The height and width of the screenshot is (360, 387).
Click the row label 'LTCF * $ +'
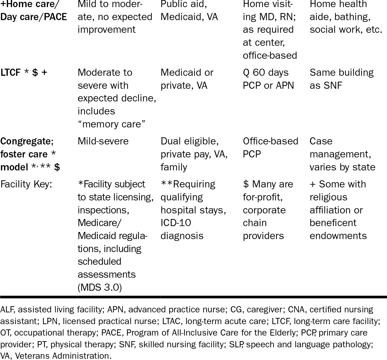coord(24,73)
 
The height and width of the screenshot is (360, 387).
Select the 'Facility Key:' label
coord(26,184)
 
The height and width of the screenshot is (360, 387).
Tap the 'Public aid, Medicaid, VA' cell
coord(189,11)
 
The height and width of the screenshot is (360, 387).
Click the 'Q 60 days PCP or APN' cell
coord(268,79)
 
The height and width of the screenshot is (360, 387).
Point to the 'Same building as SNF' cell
coord(342,79)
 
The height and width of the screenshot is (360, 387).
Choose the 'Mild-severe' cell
coord(103,141)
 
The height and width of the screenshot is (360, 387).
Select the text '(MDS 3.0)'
coord(100,287)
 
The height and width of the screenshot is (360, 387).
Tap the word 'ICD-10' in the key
coord(176,223)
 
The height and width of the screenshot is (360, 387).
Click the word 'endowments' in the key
coord(338,236)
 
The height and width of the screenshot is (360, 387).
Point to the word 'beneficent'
coord(333,223)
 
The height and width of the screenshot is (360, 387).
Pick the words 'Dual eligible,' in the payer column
coord(189,141)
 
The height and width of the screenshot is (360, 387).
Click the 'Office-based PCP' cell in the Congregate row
coord(270,148)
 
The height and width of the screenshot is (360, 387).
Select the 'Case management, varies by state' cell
coord(342,154)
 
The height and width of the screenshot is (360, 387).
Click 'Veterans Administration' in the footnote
coord(62,356)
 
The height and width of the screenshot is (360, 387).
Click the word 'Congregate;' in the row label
coord(27,141)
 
